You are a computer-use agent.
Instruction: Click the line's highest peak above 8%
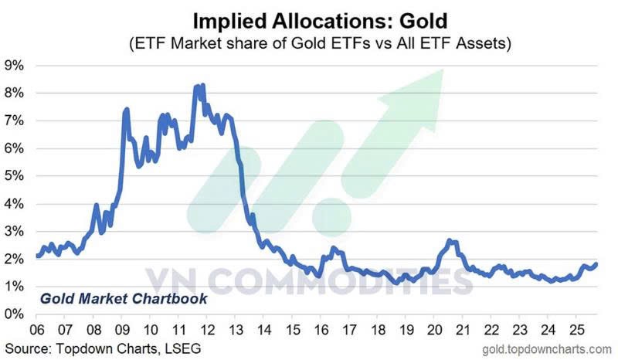coord(202,86)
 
